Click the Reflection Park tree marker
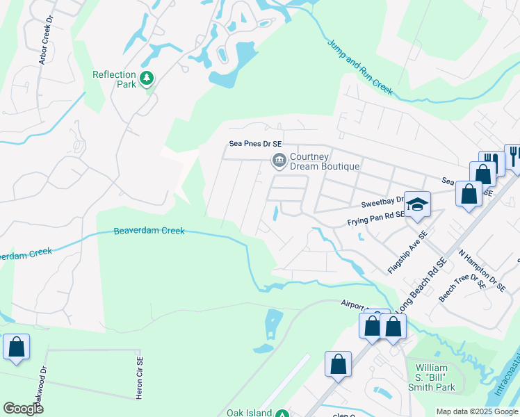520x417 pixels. pyautogui.click(x=146, y=79)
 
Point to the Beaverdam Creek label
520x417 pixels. pyautogui.click(x=149, y=231)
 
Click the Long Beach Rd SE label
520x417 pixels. pyautogui.click(x=421, y=285)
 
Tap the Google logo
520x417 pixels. pyautogui.click(x=24, y=409)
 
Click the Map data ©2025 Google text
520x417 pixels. pyautogui.click(x=476, y=411)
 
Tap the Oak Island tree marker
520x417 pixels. pyautogui.click(x=282, y=413)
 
